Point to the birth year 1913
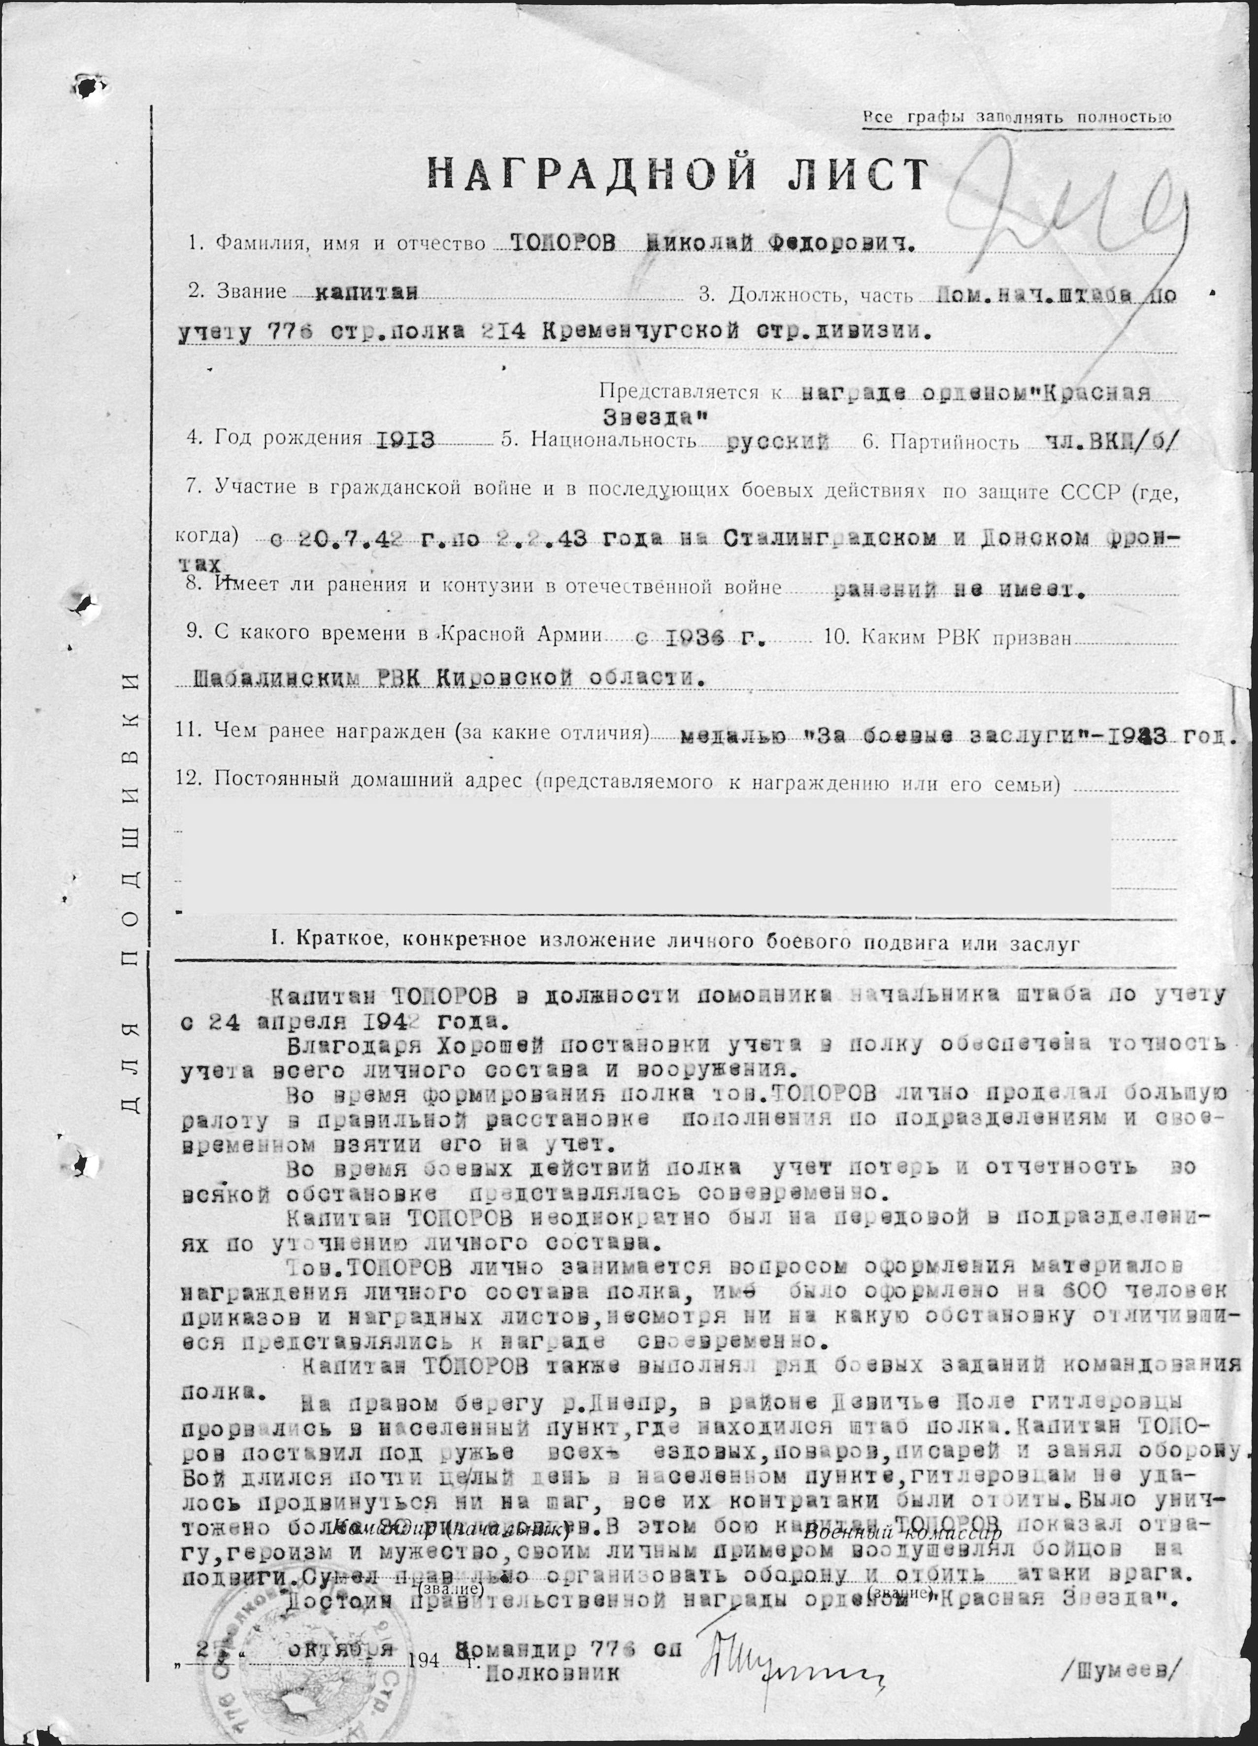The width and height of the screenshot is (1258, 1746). point(404,440)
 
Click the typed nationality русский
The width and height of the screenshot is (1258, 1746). point(778,441)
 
